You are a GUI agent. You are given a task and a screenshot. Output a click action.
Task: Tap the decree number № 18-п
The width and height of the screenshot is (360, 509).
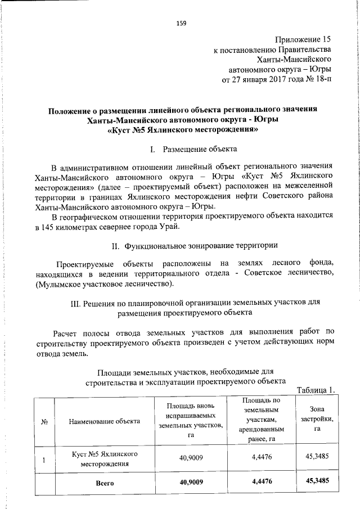pyautogui.click(x=318, y=79)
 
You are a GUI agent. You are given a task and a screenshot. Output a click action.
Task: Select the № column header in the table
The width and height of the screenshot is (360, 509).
pyautogui.click(x=44, y=421)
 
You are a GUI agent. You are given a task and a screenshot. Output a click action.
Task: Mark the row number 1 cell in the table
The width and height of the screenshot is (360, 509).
pyautogui.click(x=44, y=458)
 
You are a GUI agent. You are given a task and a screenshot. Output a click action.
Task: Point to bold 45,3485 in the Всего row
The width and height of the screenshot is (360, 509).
pyautogui.click(x=317, y=481)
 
